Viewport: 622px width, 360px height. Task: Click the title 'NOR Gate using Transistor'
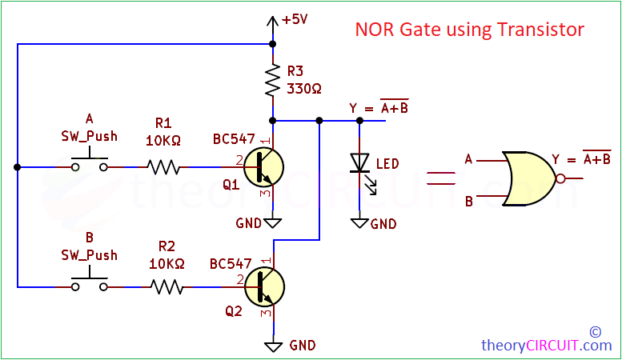click(470, 30)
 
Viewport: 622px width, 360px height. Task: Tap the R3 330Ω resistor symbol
click(273, 79)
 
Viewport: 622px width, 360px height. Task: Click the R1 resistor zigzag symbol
click(163, 167)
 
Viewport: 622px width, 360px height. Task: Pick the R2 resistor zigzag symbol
click(169, 286)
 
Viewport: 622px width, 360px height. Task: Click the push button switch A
click(89, 166)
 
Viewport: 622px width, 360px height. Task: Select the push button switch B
click(89, 284)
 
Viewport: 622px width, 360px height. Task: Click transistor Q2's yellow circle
click(264, 286)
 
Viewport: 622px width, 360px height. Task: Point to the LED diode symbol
click(359, 165)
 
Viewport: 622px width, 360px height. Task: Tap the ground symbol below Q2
click(273, 346)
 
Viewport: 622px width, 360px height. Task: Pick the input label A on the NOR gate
click(468, 159)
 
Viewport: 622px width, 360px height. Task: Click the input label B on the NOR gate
click(468, 201)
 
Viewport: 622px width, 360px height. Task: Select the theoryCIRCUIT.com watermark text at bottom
click(546, 346)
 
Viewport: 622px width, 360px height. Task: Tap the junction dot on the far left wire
click(17, 167)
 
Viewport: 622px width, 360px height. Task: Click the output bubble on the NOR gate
click(560, 179)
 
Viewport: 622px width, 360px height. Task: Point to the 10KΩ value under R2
click(167, 262)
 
